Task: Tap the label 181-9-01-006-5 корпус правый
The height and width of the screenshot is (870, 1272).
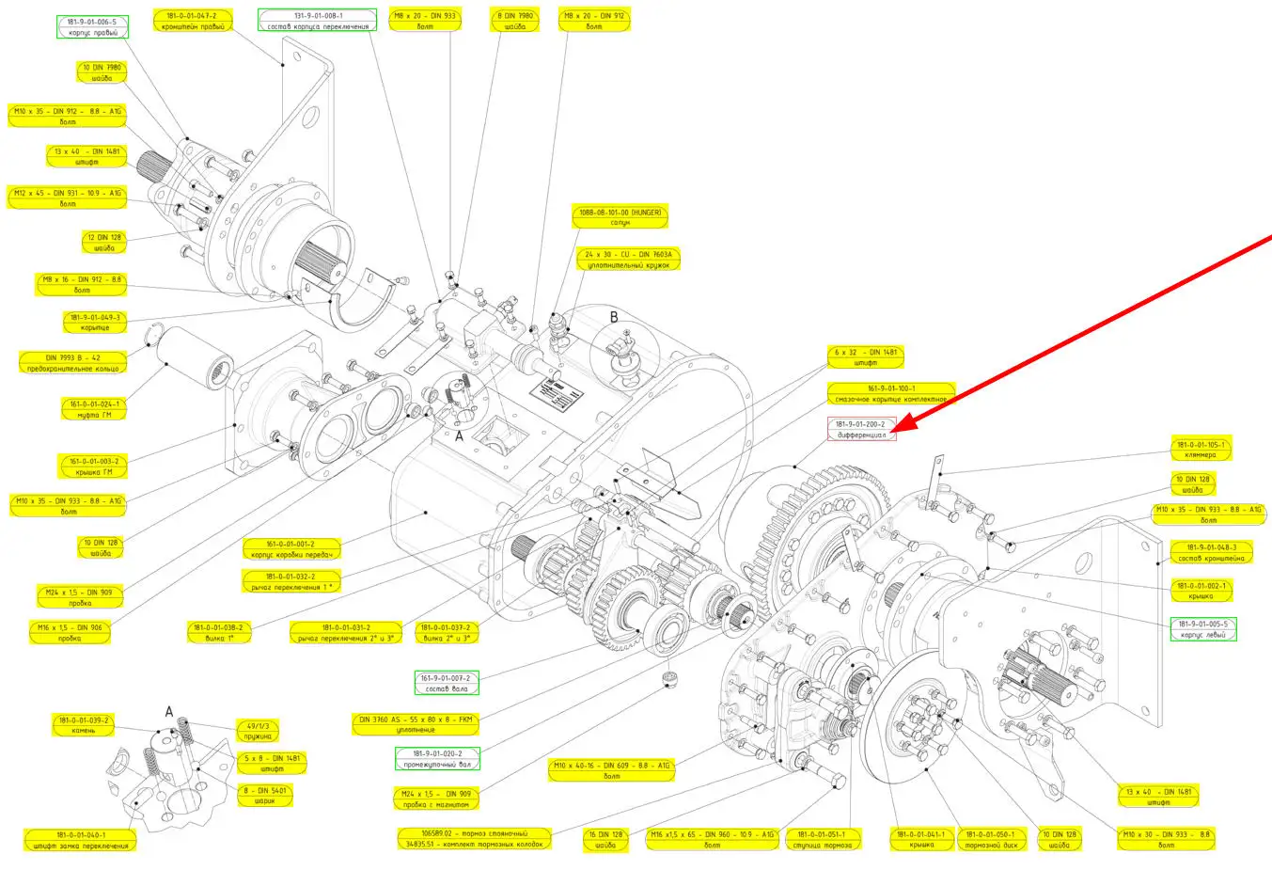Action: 92,27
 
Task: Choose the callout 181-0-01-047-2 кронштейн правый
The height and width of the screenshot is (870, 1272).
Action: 192,21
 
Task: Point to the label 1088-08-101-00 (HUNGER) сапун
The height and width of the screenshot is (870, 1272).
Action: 620,217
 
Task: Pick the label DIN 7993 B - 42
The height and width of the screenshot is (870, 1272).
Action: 72,363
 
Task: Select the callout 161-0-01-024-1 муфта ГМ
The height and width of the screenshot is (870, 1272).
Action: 94,409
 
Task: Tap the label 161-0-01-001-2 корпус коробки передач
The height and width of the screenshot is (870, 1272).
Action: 291,549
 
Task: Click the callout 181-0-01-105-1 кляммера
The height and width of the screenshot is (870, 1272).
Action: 1200,450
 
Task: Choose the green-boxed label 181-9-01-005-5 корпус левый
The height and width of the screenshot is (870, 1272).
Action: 1203,629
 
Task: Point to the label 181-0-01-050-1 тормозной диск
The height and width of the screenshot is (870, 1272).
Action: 991,839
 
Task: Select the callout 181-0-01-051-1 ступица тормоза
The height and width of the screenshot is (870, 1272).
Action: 821,839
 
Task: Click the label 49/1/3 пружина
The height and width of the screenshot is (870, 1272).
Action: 258,731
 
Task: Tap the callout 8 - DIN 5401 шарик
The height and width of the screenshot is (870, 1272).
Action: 264,795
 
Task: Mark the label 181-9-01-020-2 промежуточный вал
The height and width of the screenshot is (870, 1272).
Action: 437,758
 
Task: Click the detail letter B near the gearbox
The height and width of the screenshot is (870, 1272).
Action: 614,318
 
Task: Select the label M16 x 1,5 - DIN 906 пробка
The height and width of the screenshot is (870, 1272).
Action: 70,633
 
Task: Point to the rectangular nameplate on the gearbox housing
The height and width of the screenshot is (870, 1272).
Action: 553,393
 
